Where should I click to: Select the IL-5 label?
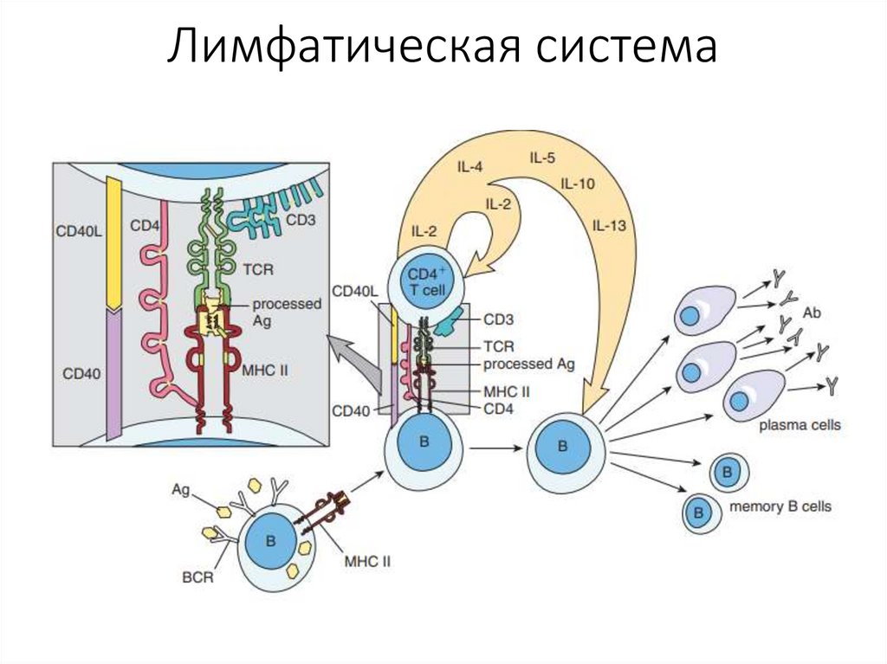pos(542,158)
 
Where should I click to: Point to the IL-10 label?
pos(577,184)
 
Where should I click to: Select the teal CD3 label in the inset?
pos(301,220)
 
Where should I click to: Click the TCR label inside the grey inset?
pos(258,269)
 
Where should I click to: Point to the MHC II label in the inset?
pos(266,370)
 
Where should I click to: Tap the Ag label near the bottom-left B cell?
pos(180,490)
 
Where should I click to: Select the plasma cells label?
pos(799,425)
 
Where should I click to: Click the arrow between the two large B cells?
pos(495,448)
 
